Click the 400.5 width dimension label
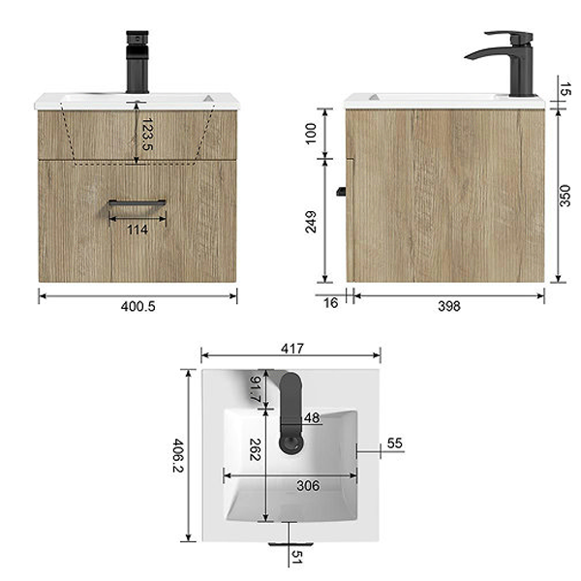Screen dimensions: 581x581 (138, 306)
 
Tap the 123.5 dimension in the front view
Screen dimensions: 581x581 (147, 135)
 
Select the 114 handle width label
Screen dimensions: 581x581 (138, 229)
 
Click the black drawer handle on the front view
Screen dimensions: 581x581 (137, 203)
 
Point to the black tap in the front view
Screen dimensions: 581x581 (138, 62)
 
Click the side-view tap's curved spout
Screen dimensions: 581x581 (485, 53)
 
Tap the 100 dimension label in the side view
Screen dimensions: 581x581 (311, 134)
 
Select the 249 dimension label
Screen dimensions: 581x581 (311, 222)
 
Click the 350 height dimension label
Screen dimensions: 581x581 (565, 196)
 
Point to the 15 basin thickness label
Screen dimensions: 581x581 (565, 89)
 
